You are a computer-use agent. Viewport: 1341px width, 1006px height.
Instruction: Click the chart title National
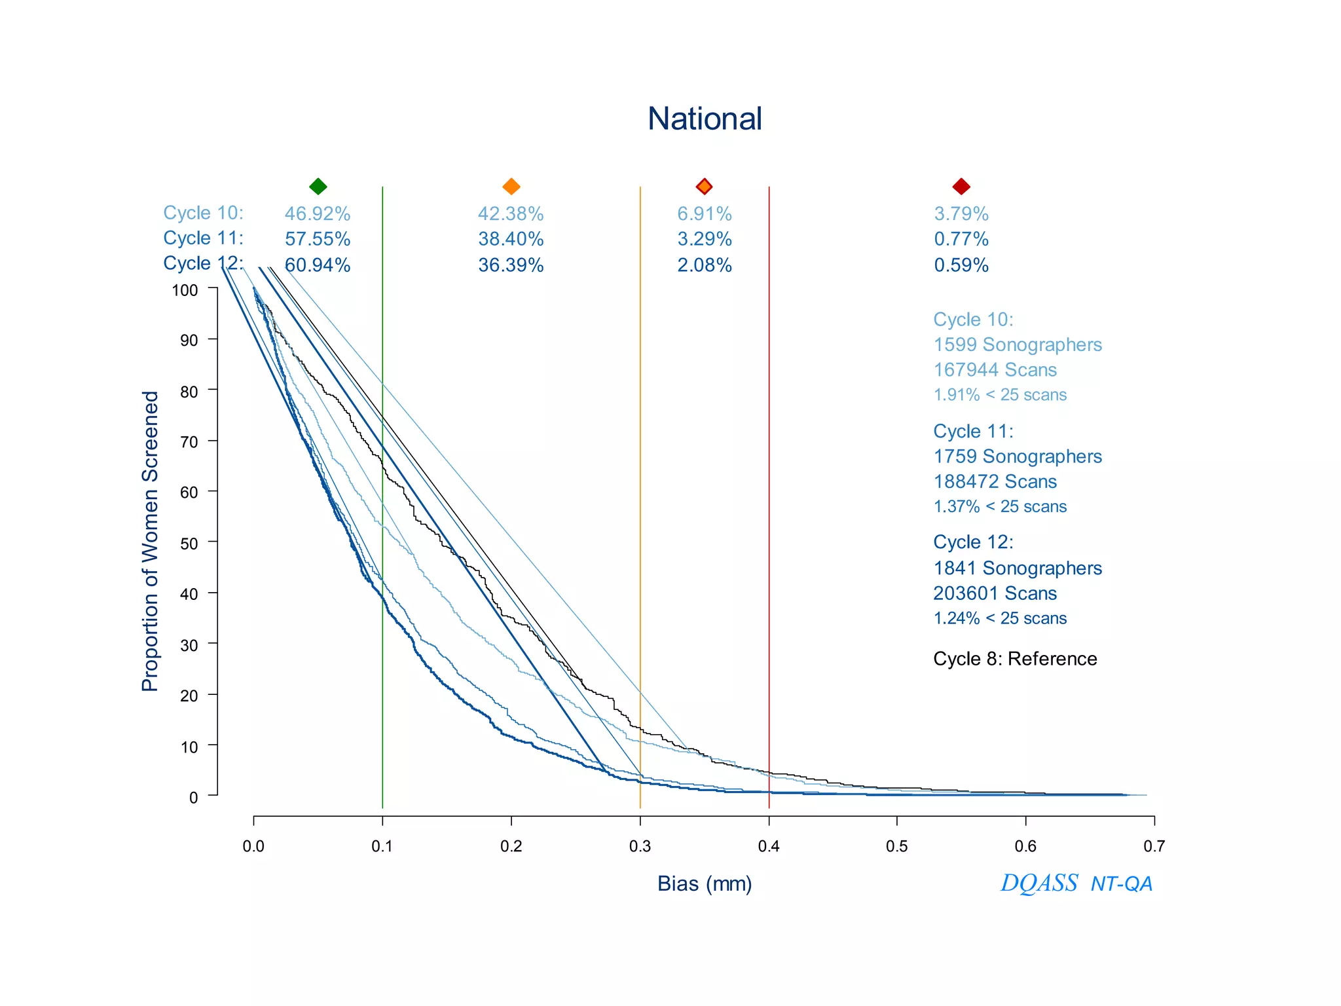(705, 119)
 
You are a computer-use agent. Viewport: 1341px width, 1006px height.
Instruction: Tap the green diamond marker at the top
(318, 187)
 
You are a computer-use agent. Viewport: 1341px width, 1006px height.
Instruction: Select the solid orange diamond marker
(511, 187)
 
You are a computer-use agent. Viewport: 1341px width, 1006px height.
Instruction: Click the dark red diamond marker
(961, 187)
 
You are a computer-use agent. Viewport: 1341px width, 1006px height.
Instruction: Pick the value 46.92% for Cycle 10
(317, 214)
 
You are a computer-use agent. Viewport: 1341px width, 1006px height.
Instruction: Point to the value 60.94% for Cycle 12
(317, 265)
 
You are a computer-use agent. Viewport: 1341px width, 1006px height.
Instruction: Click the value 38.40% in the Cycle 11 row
(511, 239)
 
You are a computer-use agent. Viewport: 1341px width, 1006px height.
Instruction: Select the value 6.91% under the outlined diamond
(704, 214)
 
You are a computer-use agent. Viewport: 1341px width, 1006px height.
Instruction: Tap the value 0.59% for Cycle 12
(961, 265)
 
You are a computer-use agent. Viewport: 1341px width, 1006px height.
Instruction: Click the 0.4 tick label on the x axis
(768, 847)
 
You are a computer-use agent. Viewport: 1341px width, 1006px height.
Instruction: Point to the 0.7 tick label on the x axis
(1154, 847)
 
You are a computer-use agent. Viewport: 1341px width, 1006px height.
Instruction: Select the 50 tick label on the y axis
(189, 544)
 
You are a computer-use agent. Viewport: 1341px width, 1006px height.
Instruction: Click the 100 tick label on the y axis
(185, 290)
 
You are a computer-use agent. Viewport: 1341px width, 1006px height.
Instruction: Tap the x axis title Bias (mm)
(705, 884)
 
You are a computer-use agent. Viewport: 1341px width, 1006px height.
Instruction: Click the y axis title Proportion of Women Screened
(150, 541)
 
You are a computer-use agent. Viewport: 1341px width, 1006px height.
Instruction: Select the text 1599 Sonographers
(1017, 345)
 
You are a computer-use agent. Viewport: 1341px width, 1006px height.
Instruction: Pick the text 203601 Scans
(995, 593)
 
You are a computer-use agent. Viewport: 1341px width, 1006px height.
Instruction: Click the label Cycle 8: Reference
(1014, 659)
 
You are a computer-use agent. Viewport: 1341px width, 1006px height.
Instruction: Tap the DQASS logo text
(1038, 884)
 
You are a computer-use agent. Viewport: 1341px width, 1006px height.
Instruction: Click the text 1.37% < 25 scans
(999, 507)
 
